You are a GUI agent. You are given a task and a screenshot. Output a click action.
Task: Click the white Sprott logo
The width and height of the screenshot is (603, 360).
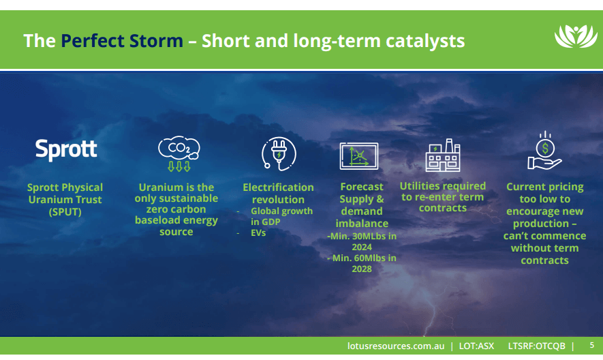66,150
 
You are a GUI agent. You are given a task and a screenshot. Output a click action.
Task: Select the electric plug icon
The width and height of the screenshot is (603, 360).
279,153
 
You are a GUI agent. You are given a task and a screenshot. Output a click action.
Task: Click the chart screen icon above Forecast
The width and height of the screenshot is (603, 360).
359,156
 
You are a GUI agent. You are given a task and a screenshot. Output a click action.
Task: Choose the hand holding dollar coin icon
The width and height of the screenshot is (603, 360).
544,151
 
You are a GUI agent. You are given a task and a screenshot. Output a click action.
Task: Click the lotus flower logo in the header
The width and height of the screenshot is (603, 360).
576,37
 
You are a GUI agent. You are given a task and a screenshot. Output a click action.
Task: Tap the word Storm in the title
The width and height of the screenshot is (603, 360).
156,41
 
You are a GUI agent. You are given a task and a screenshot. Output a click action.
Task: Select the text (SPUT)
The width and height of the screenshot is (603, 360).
65,212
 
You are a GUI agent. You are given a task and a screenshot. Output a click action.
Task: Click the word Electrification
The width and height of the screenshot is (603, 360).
279,187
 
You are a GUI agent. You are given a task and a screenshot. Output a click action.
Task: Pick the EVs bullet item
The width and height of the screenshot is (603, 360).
258,233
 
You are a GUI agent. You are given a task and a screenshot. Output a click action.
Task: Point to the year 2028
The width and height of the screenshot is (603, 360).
362,269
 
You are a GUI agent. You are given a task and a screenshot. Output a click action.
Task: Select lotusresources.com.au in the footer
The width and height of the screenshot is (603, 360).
396,346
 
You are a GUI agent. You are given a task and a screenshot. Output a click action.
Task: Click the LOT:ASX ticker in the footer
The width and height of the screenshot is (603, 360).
476,346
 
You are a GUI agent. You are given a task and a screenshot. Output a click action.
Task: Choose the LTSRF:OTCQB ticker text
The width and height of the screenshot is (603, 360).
536,346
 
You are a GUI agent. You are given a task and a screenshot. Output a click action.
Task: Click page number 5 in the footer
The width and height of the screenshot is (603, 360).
592,345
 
